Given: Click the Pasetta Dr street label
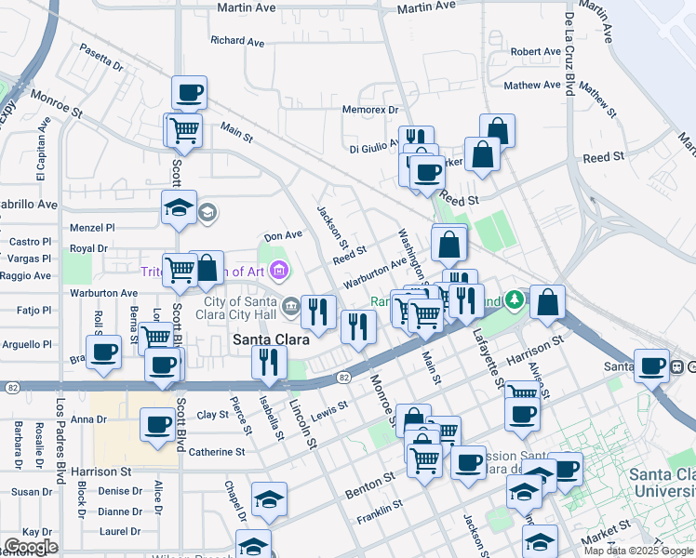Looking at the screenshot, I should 100,58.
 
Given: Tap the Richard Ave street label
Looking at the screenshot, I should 239,41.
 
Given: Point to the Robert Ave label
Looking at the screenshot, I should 535,52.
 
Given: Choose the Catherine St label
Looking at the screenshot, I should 216,452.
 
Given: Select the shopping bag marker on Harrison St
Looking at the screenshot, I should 548,301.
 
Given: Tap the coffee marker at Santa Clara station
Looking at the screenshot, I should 651,365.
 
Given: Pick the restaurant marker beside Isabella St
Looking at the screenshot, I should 269,360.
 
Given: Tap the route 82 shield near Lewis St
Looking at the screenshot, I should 344,377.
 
